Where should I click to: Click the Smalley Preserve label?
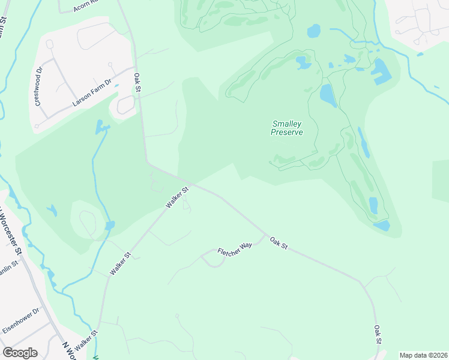pos(286,128)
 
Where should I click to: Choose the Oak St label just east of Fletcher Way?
pos(279,243)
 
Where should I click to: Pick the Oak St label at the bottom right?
pos(378,335)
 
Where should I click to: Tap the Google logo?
pos(20,353)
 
